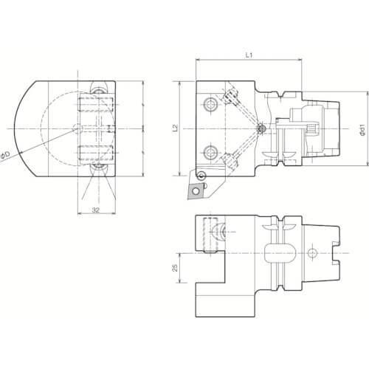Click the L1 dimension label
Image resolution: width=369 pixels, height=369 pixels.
click(249, 55)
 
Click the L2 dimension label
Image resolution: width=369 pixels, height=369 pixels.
click(175, 128)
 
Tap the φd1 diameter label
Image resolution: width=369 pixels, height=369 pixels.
click(362, 131)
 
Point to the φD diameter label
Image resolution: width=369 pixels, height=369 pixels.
click(5, 156)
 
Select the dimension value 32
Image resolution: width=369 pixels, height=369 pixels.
click(96, 210)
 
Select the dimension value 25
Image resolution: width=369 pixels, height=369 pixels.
click(175, 268)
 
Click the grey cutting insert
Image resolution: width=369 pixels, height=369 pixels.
click(196, 190)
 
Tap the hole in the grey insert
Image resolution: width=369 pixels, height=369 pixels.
click(196, 191)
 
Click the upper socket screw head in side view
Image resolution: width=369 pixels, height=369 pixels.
click(211, 105)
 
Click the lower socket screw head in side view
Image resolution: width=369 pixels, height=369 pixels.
click(211, 153)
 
